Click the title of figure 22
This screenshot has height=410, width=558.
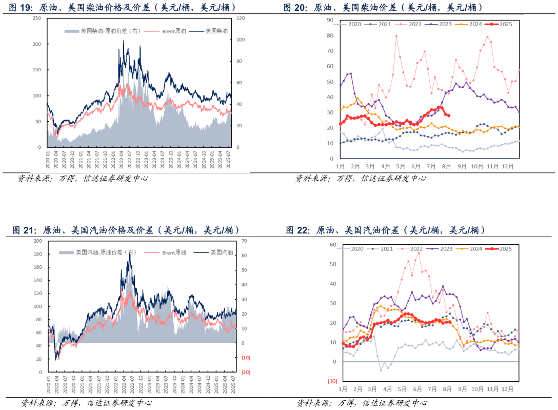coord(385,230)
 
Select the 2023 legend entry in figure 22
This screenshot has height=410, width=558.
coord(441,249)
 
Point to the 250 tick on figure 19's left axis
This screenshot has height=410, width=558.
coord(36,18)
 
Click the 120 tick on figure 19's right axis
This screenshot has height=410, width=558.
coord(240,18)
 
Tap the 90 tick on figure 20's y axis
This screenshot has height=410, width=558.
coord(331,20)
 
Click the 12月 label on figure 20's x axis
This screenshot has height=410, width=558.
coord(507,167)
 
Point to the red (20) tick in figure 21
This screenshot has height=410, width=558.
coord(245,373)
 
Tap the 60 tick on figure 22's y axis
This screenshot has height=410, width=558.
coord(333,245)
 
